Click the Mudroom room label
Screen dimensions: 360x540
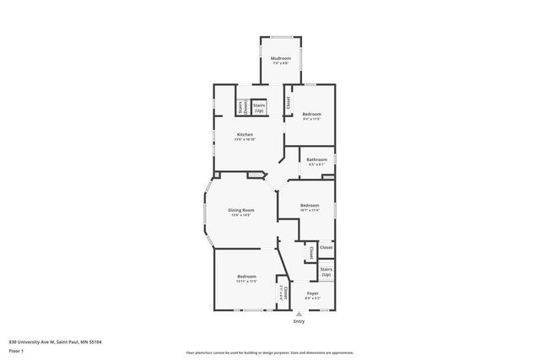tap(281, 58)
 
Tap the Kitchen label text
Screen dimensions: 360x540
tap(245, 135)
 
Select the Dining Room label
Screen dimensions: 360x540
tap(241, 210)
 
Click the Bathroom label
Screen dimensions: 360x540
tap(316, 159)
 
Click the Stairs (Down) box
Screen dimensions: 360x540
tap(240, 108)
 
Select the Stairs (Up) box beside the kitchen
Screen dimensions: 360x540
tap(259, 108)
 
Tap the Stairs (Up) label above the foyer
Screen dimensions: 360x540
tap(326, 271)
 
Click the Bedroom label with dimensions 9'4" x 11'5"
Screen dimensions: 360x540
tap(311, 114)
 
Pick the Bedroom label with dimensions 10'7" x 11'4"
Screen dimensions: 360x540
tap(310, 205)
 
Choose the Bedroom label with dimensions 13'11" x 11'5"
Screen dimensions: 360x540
tap(246, 277)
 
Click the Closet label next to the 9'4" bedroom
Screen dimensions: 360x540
tap(288, 102)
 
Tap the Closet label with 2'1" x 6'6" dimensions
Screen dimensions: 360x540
tap(283, 293)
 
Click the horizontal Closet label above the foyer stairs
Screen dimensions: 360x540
tap(326, 247)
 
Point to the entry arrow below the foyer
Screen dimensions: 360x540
tap(299, 314)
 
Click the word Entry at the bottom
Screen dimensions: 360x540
tap(299, 321)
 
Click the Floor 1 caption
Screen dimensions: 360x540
tap(17, 352)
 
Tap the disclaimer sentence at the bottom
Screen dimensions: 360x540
tap(270, 352)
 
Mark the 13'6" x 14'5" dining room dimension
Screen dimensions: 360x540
tap(241, 215)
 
